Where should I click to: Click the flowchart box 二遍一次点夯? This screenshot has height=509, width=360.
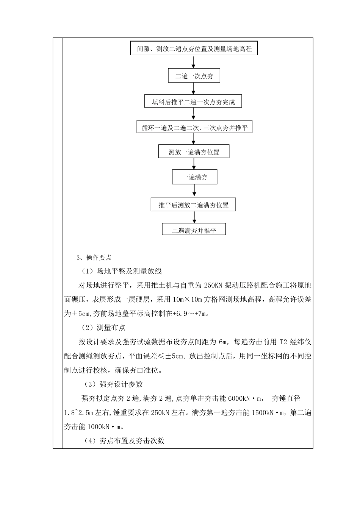[x=194, y=76]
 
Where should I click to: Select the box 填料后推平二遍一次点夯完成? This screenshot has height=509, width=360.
[x=193, y=102]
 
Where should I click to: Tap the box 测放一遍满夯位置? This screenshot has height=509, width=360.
[x=194, y=152]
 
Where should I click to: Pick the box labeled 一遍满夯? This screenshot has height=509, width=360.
[x=195, y=177]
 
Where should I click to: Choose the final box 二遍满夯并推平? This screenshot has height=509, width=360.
[x=194, y=230]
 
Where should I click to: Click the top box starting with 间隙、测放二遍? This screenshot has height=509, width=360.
[x=194, y=49]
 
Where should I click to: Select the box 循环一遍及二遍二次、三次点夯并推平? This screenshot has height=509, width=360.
[x=194, y=128]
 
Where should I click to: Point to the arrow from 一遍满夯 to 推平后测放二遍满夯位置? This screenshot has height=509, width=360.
[x=195, y=190]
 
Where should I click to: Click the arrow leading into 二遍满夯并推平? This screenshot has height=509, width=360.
[x=195, y=217]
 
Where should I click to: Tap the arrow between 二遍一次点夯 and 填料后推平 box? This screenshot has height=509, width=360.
[x=194, y=89]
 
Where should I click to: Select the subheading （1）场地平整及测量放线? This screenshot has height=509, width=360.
[x=121, y=271]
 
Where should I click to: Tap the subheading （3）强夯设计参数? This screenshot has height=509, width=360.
[x=113, y=384]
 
